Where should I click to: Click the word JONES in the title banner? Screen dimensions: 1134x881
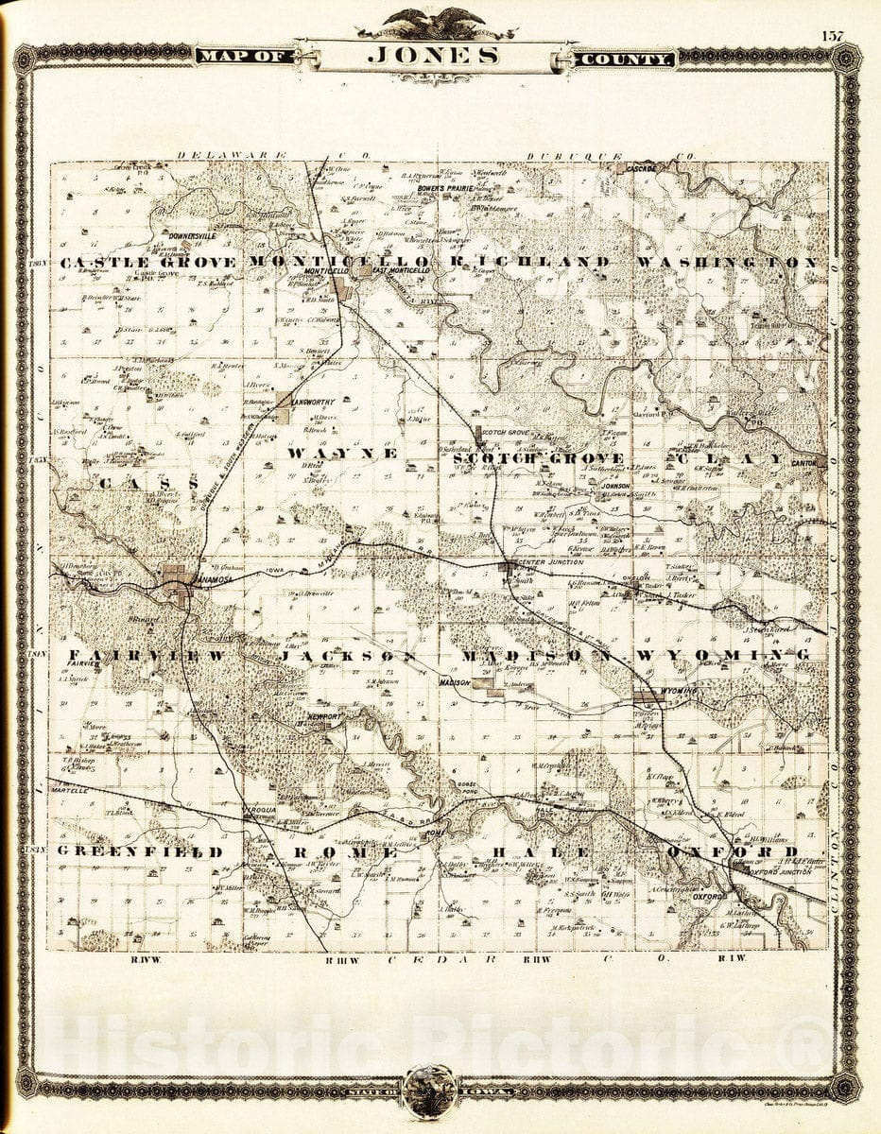(433, 56)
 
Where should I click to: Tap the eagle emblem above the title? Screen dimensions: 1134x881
(436, 20)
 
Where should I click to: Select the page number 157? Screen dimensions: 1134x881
(832, 35)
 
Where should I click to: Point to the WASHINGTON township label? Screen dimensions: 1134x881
(727, 262)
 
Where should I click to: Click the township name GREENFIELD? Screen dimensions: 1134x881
(139, 851)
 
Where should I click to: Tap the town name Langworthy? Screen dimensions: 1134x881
(315, 402)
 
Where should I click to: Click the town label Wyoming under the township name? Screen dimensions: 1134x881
(679, 692)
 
